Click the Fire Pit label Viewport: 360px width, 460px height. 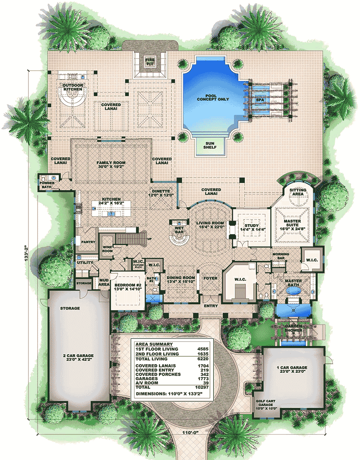[149, 62]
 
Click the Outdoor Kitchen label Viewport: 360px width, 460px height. [72, 87]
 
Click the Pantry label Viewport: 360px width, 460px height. [87, 242]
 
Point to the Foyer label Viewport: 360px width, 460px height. [210, 277]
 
